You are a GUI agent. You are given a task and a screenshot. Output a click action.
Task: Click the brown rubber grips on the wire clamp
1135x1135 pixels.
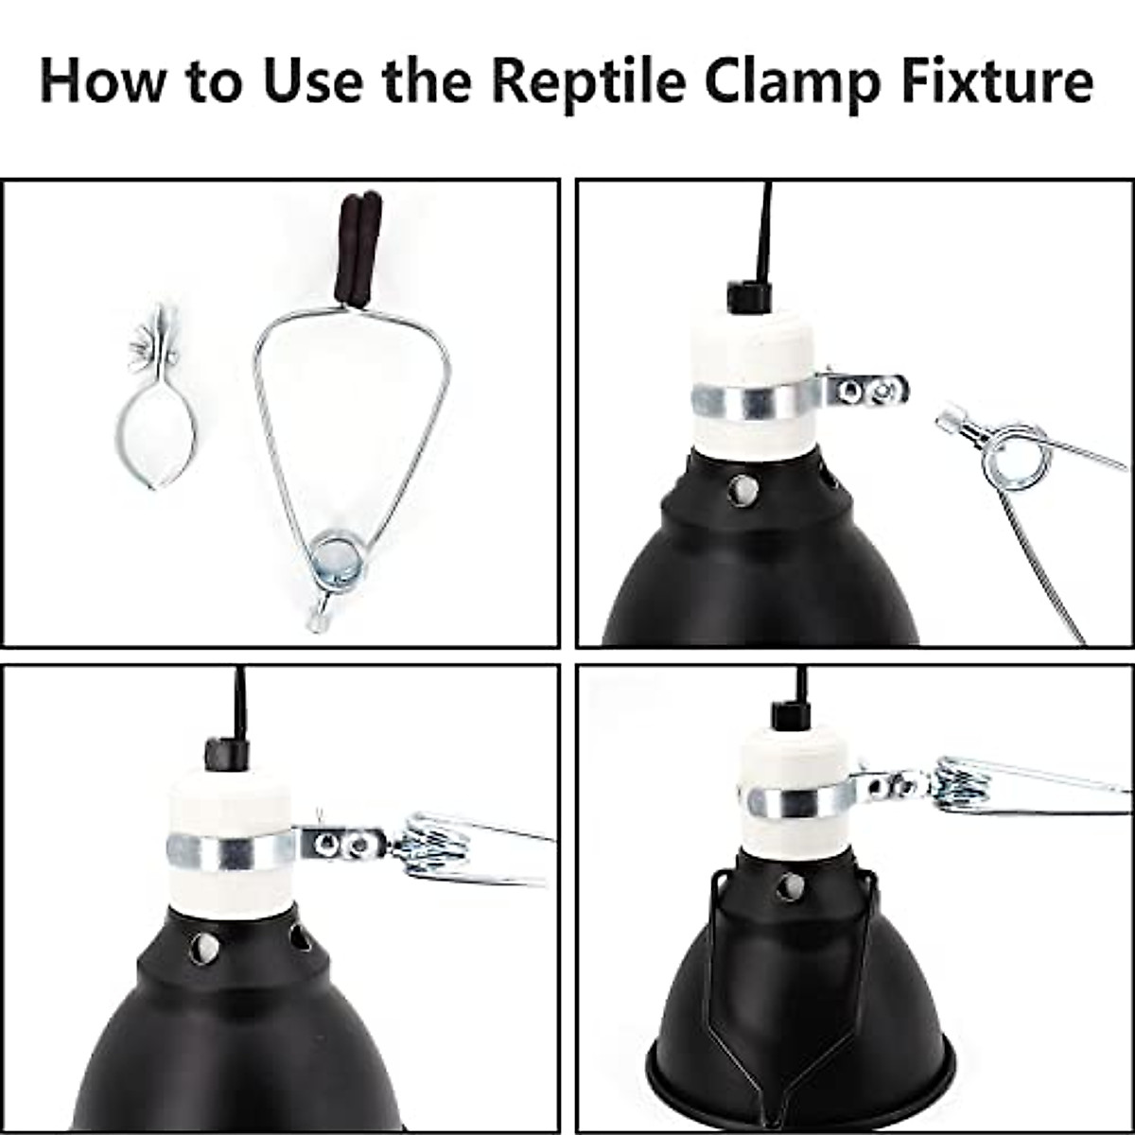tap(358, 250)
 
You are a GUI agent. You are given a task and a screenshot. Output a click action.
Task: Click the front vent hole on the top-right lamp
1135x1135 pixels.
tap(742, 489)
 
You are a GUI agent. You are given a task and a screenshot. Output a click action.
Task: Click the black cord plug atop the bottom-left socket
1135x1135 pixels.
tap(227, 754)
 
